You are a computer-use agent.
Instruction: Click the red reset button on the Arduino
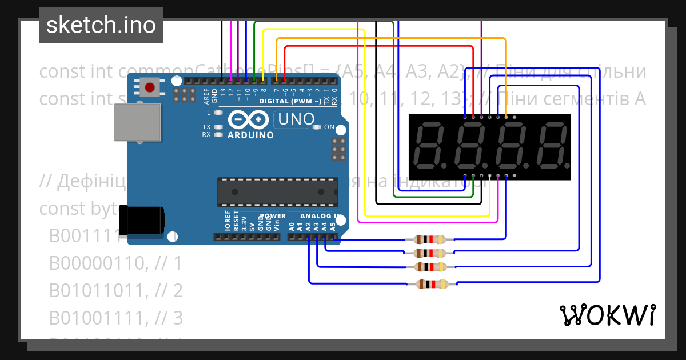[150, 88]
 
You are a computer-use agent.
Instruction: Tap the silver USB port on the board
[137, 122]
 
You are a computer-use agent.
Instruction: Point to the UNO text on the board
[295, 119]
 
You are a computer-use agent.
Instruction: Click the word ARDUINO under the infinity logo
[250, 135]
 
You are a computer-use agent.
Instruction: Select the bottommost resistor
[432, 284]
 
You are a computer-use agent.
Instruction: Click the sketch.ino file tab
[101, 25]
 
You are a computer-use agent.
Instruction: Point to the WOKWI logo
[607, 315]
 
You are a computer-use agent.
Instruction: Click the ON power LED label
[329, 127]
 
